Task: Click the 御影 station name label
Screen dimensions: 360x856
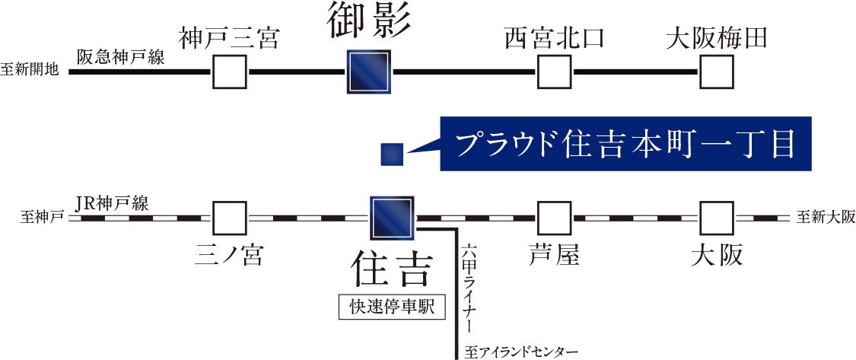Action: pyautogui.click(x=368, y=21)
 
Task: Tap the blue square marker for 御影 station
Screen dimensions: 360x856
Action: pyautogui.click(x=368, y=72)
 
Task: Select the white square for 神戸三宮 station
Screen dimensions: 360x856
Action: pyautogui.click(x=229, y=72)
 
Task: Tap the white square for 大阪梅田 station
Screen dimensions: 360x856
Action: pyautogui.click(x=716, y=72)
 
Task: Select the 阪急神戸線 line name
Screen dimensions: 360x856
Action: pyautogui.click(x=121, y=57)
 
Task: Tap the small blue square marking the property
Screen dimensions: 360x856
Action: pyautogui.click(x=392, y=155)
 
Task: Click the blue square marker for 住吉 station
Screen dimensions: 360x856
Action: pyautogui.click(x=392, y=218)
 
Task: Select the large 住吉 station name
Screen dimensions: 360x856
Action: pyautogui.click(x=392, y=268)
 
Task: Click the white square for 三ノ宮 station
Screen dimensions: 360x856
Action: pyautogui.click(x=229, y=218)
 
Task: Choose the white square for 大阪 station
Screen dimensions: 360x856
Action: pyautogui.click(x=716, y=218)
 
